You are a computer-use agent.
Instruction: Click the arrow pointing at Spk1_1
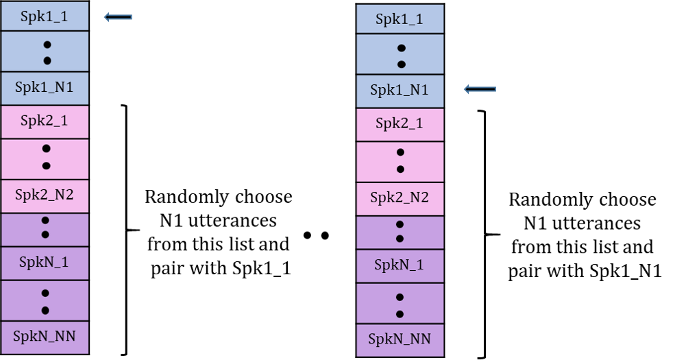pos(117,17)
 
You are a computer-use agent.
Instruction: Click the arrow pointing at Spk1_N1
pos(479,90)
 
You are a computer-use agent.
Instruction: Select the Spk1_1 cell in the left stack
pos(45,16)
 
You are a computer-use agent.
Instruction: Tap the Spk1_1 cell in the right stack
pos(400,19)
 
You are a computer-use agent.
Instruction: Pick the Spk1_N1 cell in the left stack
pos(45,88)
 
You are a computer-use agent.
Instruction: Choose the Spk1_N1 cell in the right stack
pos(400,91)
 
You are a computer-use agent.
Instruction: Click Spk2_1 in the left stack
pos(45,121)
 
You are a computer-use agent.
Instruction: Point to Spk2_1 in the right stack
pos(400,124)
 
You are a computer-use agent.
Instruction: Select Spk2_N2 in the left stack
pos(45,195)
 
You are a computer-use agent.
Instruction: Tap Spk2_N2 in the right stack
pos(400,198)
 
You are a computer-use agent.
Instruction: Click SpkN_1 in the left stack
pos(45,263)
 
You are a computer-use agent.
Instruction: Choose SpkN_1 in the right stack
pos(400,265)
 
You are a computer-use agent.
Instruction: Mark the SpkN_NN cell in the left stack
pos(45,337)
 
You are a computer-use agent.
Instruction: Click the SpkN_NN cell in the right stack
pos(400,339)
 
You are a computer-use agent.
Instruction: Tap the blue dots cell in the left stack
pos(45,51)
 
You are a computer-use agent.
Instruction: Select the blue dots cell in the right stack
pos(400,55)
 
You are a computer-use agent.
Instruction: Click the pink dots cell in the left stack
pos(45,158)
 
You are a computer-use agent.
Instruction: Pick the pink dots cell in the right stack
pos(400,161)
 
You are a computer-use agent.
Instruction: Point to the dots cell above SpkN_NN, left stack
pos(45,300)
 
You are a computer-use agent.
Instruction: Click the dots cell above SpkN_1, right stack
pos(400,232)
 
